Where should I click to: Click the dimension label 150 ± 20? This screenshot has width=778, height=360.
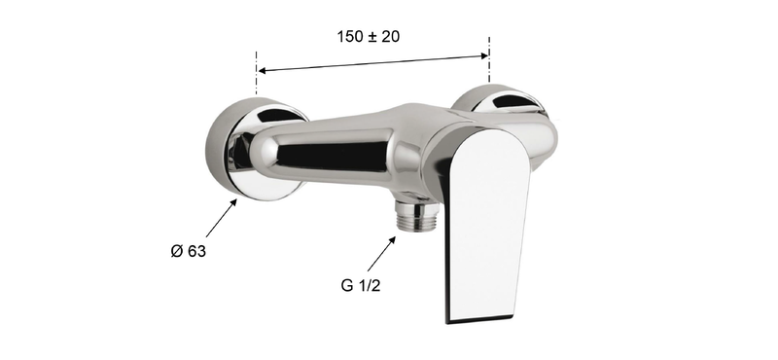[369, 37]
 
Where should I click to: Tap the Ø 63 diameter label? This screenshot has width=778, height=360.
[188, 251]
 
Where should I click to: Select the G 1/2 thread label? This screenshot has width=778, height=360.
[361, 285]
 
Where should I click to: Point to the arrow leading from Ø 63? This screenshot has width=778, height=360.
[222, 218]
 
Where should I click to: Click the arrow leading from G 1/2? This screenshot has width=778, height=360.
[381, 253]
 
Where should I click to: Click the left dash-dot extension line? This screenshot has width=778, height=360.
[257, 73]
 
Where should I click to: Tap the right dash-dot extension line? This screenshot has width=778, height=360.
[489, 58]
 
